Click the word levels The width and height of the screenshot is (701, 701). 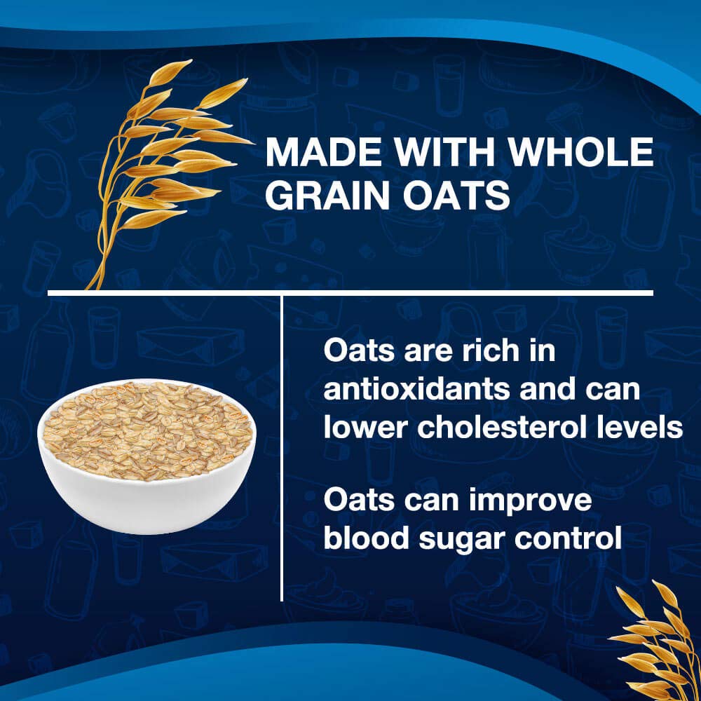(x=644, y=428)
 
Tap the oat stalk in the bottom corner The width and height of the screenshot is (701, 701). (x=655, y=641)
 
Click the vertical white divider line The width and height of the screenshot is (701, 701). (x=281, y=449)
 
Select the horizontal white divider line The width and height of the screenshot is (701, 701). (x=350, y=292)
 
